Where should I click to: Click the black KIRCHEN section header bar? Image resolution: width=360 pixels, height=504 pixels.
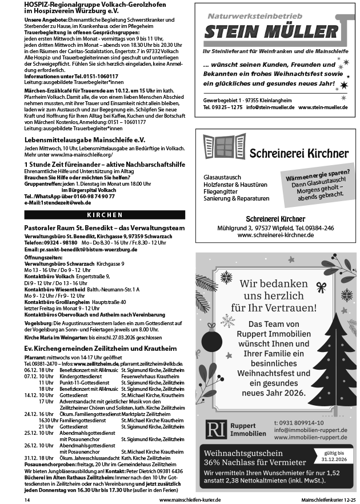point(105,215)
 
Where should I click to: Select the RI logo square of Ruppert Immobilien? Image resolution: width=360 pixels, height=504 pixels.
point(215,429)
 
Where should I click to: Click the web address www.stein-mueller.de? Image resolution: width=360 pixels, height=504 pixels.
point(323,107)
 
